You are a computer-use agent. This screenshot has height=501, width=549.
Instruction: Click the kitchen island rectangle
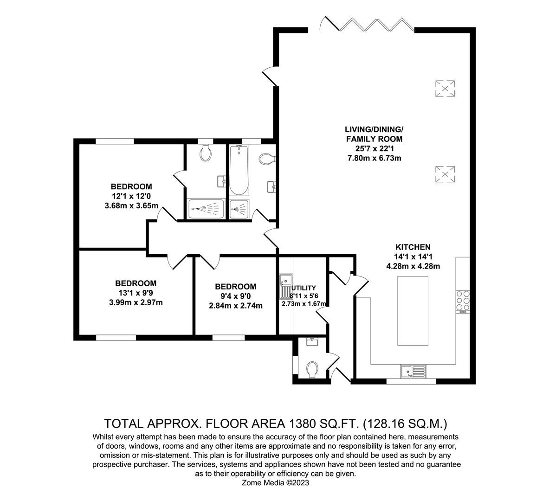pyautogui.click(x=413, y=310)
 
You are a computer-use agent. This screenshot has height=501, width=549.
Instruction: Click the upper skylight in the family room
pyautogui.click(x=445, y=88)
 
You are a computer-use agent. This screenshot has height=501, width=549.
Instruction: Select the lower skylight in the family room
pyautogui.click(x=445, y=174)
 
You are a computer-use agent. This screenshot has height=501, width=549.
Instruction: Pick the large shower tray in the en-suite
pyautogui.click(x=207, y=209)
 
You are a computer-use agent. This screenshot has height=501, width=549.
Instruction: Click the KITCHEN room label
pyautogui.click(x=413, y=247)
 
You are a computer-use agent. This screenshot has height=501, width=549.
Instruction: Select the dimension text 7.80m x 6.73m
pyautogui.click(x=374, y=158)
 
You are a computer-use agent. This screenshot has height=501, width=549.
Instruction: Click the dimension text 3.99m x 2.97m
pyautogui.click(x=136, y=302)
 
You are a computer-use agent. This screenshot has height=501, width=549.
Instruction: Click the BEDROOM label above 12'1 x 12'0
pyautogui.click(x=132, y=187)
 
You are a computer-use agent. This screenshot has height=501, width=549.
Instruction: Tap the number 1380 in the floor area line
pyautogui.click(x=305, y=423)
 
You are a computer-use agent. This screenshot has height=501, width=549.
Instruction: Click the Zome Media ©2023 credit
pyautogui.click(x=275, y=483)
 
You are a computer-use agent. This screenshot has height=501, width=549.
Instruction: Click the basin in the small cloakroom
pyautogui.click(x=312, y=342)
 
